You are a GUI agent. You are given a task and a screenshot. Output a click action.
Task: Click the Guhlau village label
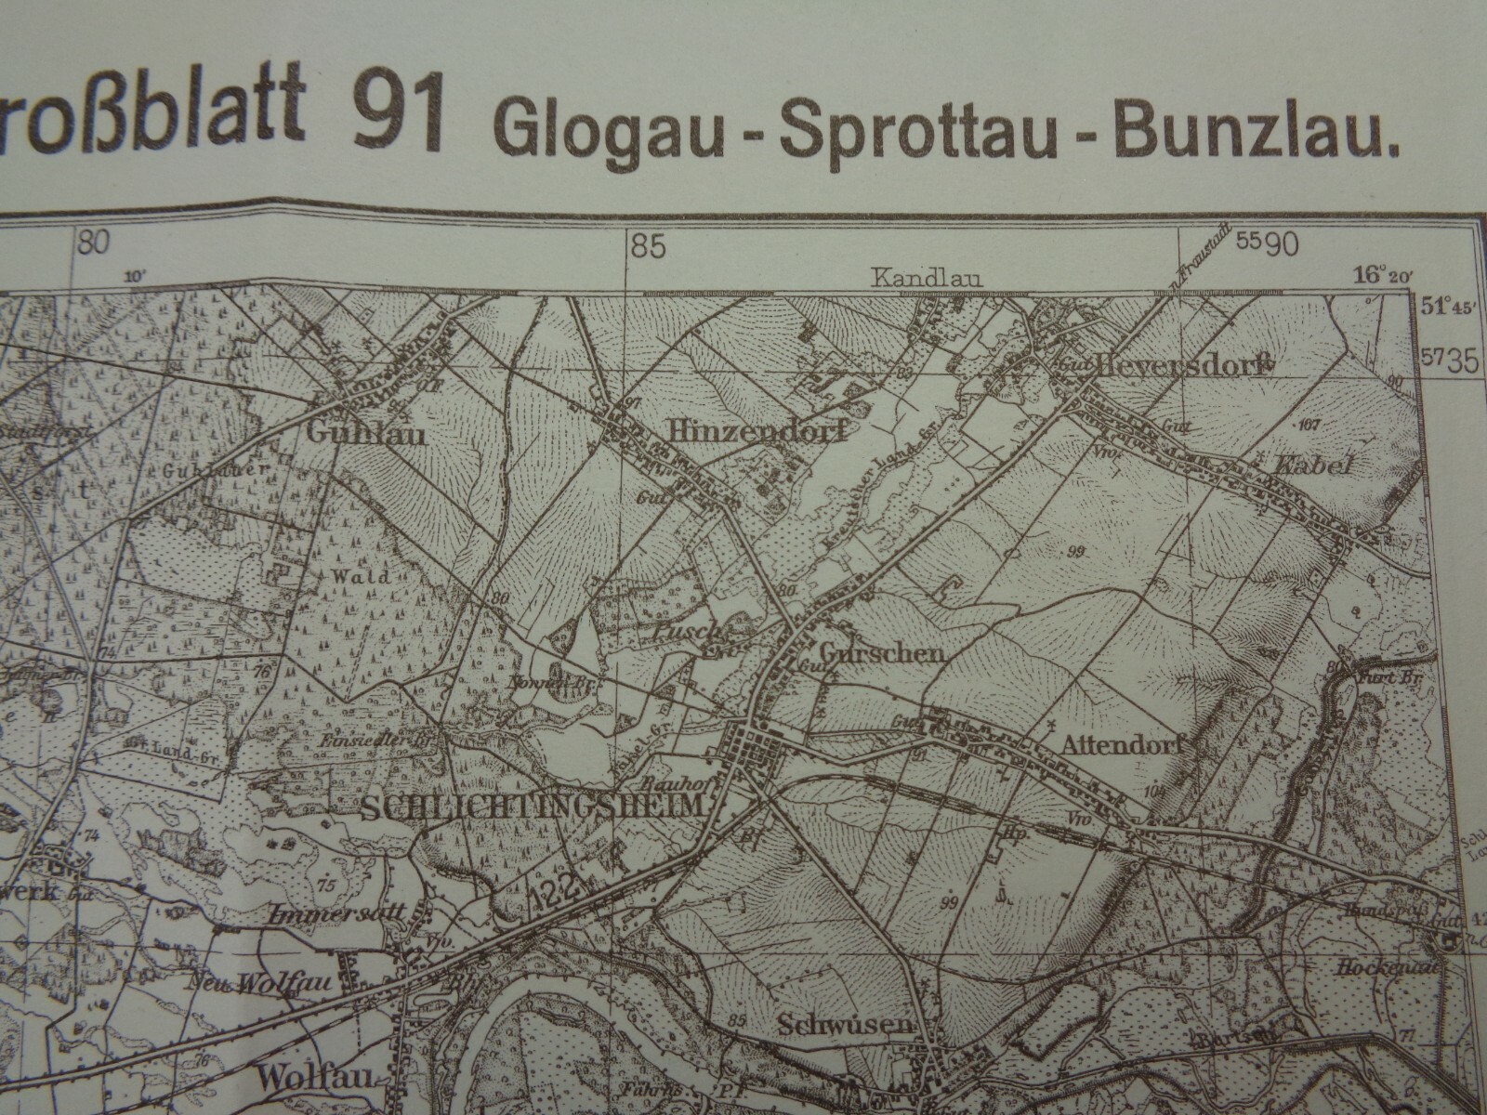[366, 433]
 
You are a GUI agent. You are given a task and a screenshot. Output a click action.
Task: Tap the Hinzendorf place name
[757, 431]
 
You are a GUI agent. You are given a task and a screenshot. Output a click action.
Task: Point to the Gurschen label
[883, 654]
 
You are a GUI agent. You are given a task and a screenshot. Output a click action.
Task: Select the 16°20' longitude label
[1383, 274]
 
